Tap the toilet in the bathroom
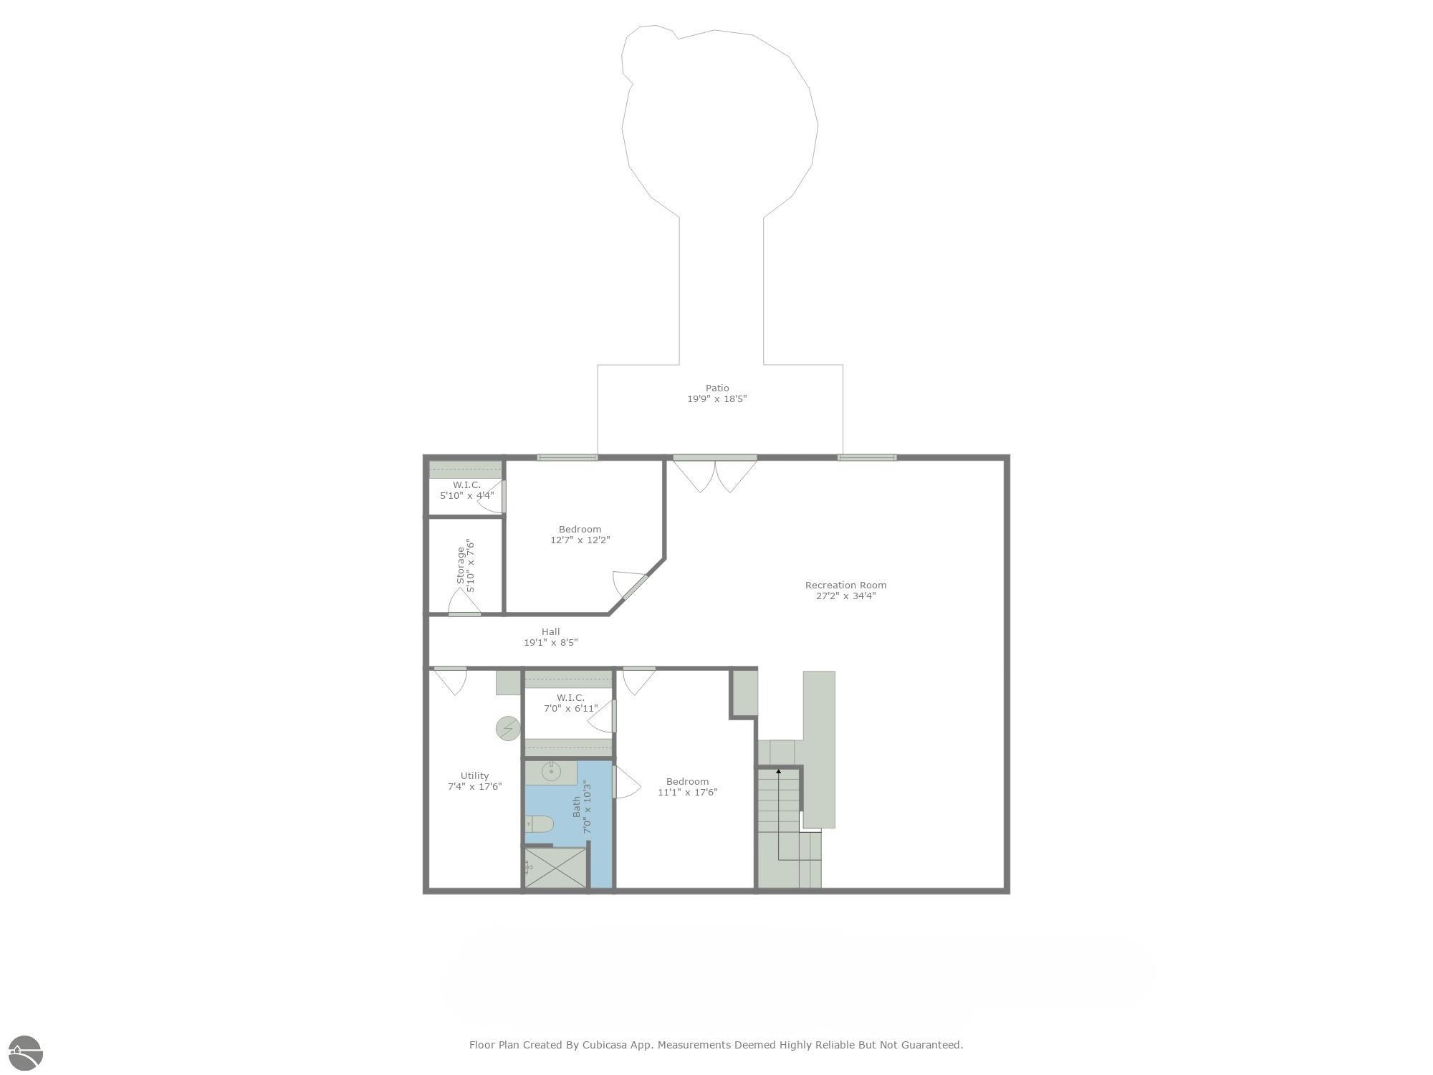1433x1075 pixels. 539,824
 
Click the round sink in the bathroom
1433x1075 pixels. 550,772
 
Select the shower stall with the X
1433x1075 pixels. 555,868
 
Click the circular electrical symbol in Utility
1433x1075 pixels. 508,729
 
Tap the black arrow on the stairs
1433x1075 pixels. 779,772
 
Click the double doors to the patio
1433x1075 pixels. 715,474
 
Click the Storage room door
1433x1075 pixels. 464,603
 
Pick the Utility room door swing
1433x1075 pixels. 451,681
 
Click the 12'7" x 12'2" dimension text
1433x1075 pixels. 580,540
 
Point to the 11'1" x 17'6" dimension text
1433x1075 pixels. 687,793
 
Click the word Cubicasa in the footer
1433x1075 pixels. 605,1045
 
